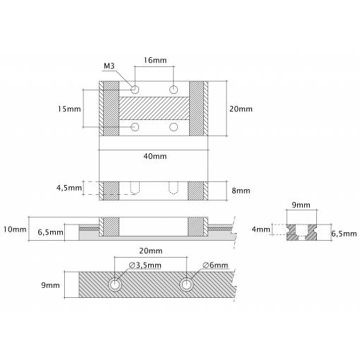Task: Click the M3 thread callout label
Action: pyautogui.click(x=109, y=66)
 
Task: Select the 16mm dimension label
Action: pyautogui.click(x=155, y=60)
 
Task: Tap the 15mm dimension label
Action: pyautogui.click(x=69, y=109)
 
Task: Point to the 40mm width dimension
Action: pyautogui.click(x=155, y=156)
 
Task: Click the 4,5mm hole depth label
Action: pyautogui.click(x=69, y=188)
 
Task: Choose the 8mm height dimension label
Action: pyautogui.click(x=241, y=191)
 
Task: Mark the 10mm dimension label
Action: pyautogui.click(x=15, y=229)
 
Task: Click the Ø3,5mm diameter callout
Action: pyautogui.click(x=145, y=265)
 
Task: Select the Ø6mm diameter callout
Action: pyautogui.click(x=215, y=265)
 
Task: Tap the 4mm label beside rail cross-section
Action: pyautogui.click(x=261, y=229)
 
